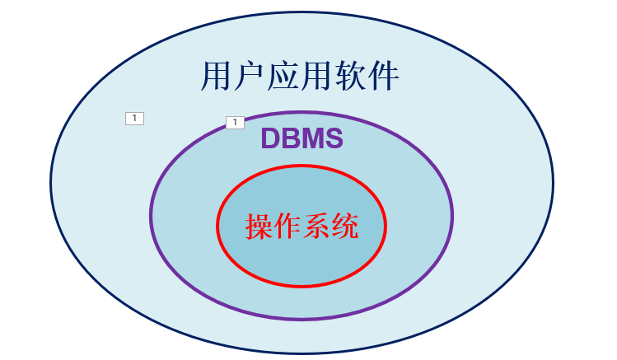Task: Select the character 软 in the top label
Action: coord(350,76)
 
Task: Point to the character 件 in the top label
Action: coord(384,76)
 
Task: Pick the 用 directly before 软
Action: coord(317,76)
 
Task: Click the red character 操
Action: coord(259,226)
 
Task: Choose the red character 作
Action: coord(287,226)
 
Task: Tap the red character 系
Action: coord(316,226)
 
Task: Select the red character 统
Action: coord(344,226)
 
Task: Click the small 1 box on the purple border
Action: coord(235,123)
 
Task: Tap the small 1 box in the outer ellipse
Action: coord(134,119)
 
